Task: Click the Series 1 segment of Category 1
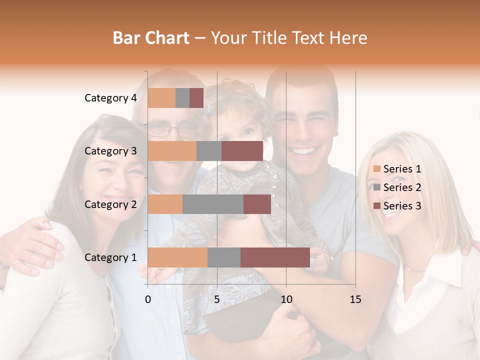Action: pyautogui.click(x=177, y=257)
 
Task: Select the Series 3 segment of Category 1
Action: pyautogui.click(x=275, y=257)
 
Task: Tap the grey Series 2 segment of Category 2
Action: pyautogui.click(x=213, y=204)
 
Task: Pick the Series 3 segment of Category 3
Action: pyautogui.click(x=242, y=151)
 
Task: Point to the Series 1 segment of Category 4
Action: pyautogui.click(x=161, y=98)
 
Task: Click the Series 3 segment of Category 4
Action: pyautogui.click(x=196, y=98)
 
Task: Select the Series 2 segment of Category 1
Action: pyautogui.click(x=224, y=257)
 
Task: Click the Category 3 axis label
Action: pyautogui.click(x=110, y=151)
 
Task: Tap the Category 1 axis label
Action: pyautogui.click(x=110, y=257)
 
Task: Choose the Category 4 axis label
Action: pyautogui.click(x=110, y=98)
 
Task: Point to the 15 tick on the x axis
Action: pyautogui.click(x=355, y=299)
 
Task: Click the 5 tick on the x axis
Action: pyautogui.click(x=217, y=299)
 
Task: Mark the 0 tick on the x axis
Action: pyautogui.click(x=148, y=299)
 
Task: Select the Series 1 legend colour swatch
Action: pyautogui.click(x=376, y=169)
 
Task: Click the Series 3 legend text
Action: pyautogui.click(x=402, y=206)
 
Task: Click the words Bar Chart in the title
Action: pyautogui.click(x=151, y=38)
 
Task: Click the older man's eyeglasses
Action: pyautogui.click(x=171, y=131)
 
